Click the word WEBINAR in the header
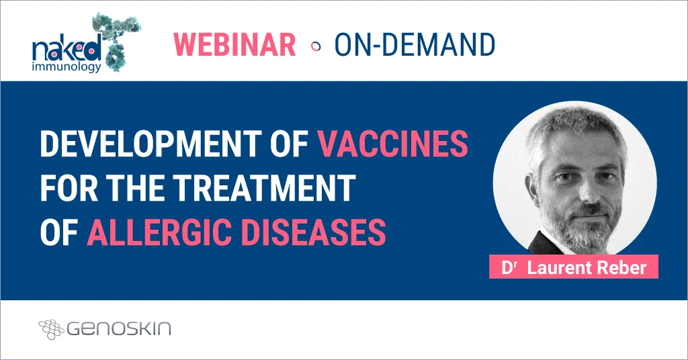(x=234, y=44)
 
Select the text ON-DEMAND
(x=415, y=44)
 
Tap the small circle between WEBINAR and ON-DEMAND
(x=316, y=46)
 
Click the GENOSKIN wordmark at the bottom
(x=119, y=328)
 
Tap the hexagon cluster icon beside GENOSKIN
(x=51, y=328)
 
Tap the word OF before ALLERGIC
(x=58, y=232)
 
